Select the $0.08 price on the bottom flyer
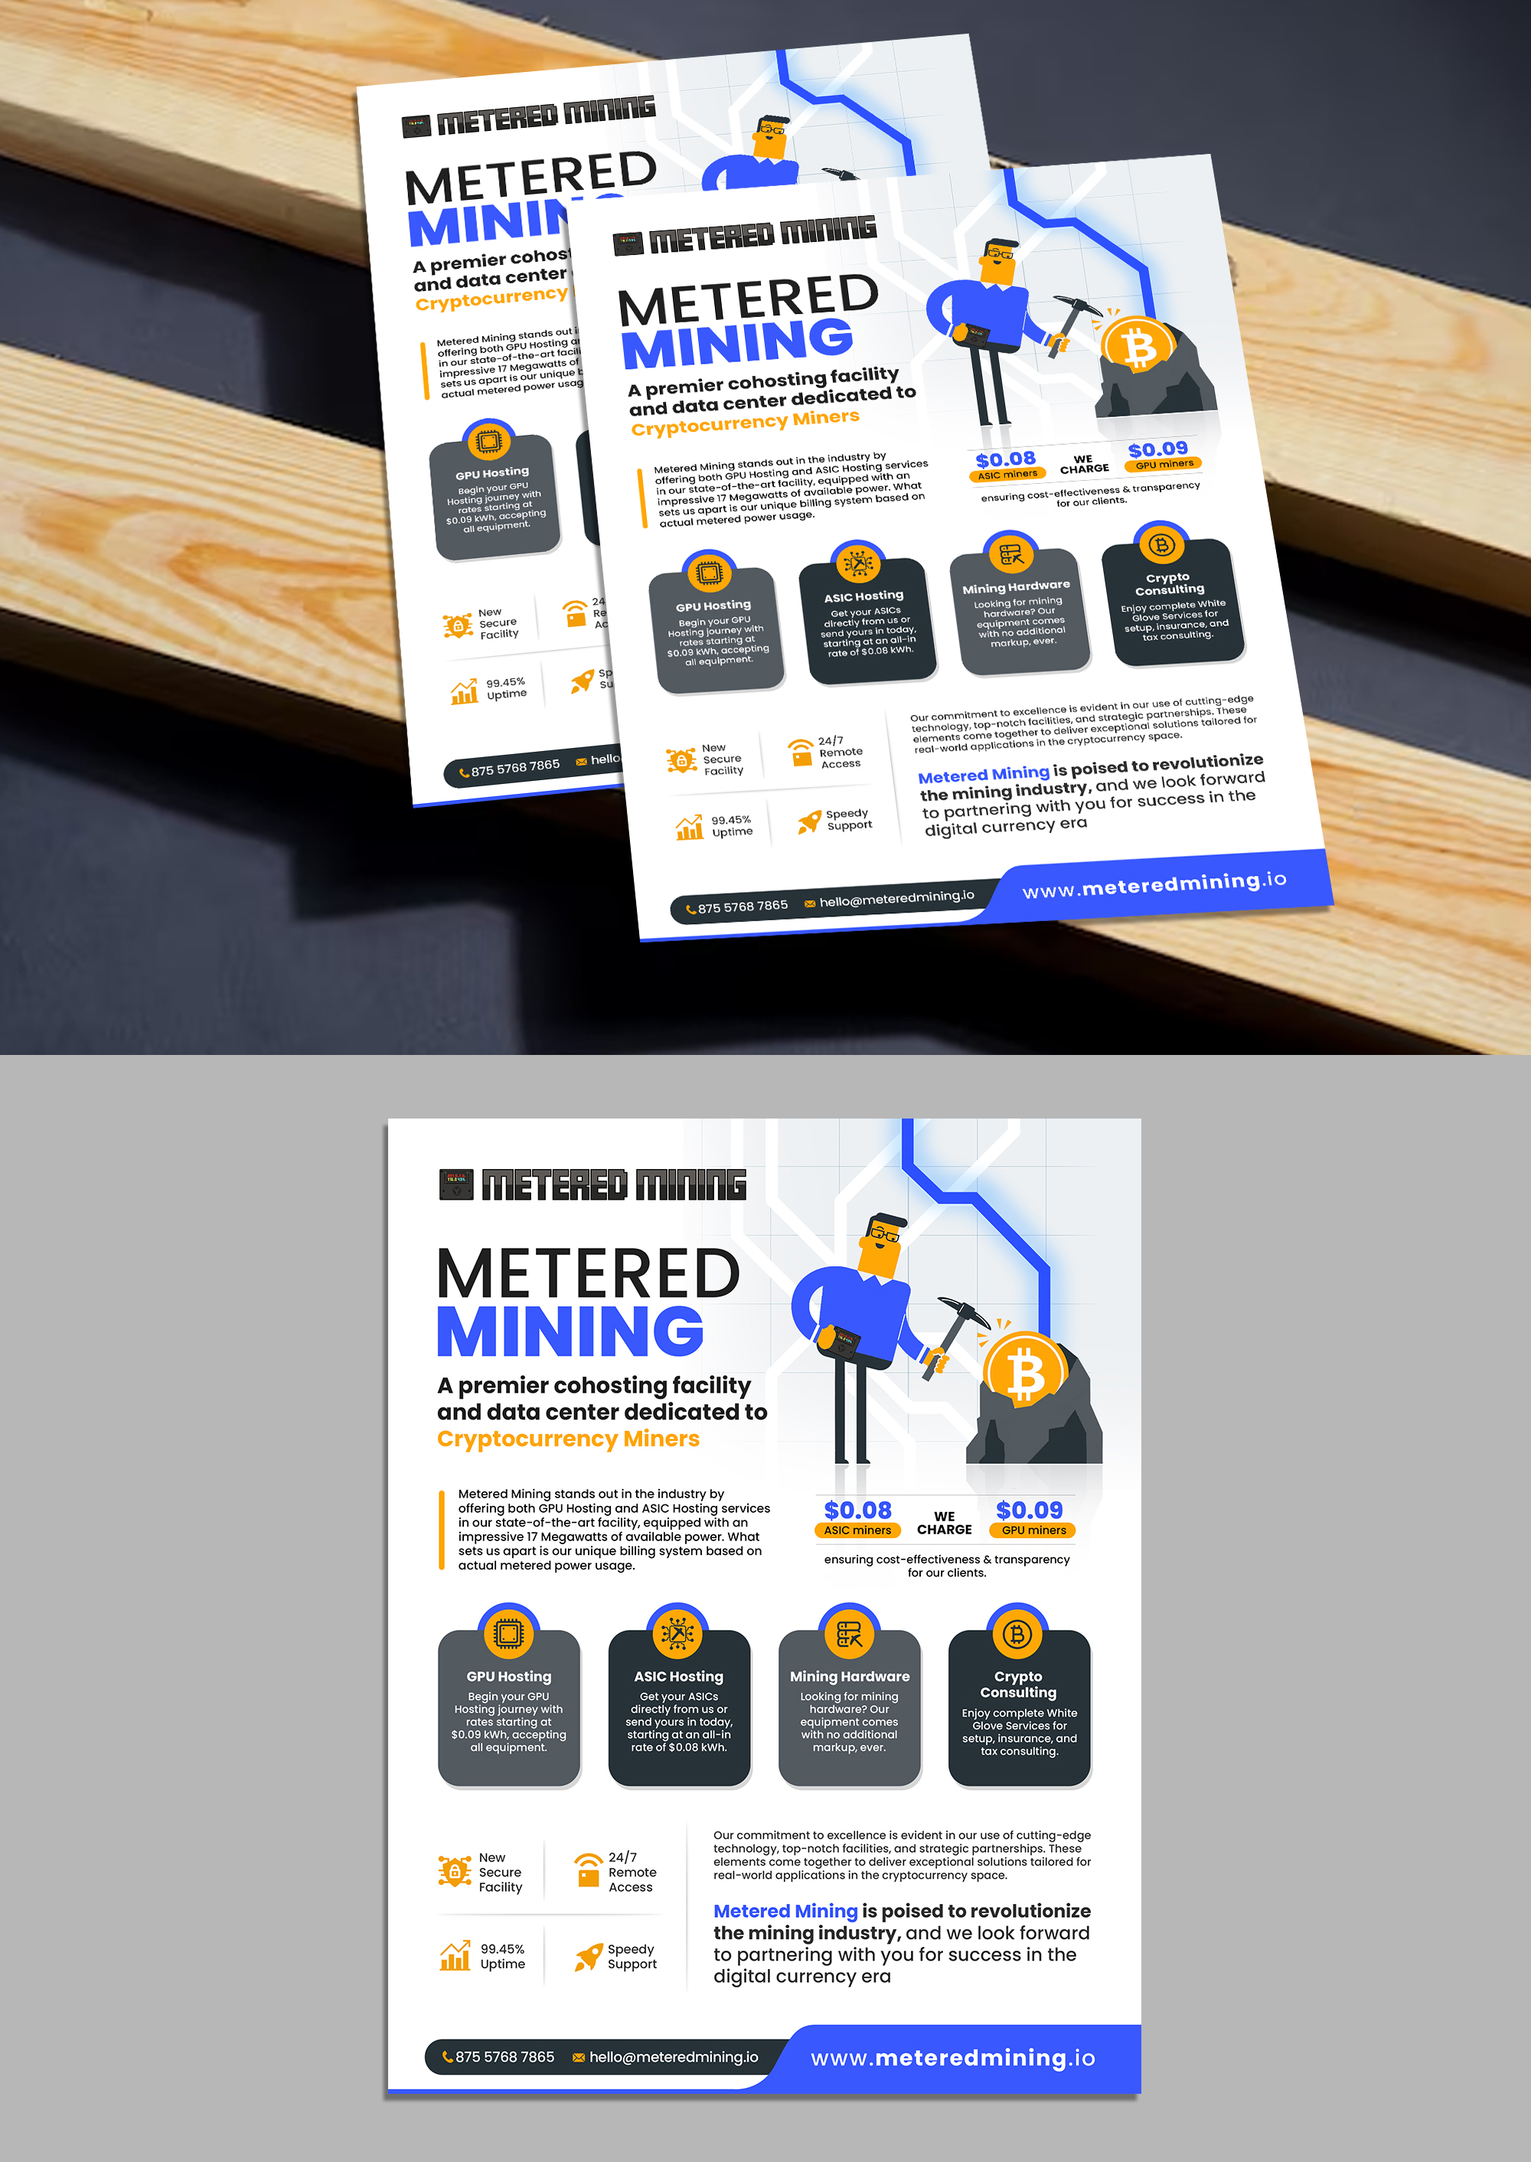click(857, 1510)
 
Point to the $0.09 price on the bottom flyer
click(1030, 1510)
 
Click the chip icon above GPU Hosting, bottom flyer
click(508, 1633)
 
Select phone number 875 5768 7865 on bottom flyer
click(504, 2056)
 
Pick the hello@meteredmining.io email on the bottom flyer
click(673, 2056)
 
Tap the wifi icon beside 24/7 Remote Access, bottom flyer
click(588, 1868)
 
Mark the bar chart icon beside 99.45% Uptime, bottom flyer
click(455, 1955)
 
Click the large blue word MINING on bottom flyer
click(570, 1331)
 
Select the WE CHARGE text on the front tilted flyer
click(1084, 464)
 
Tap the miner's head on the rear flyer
click(771, 138)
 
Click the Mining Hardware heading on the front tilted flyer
click(1015, 586)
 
